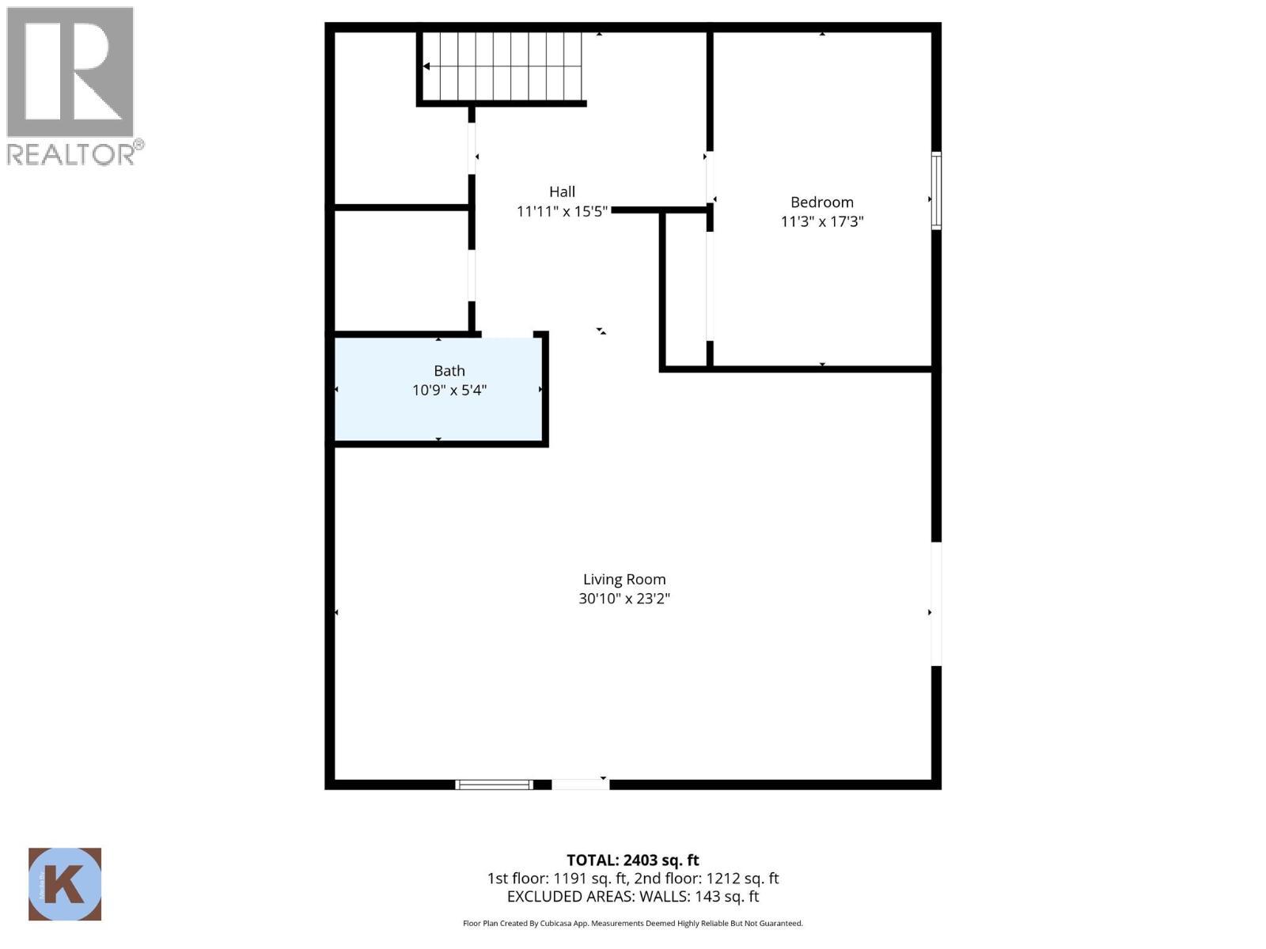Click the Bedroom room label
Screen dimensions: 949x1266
coord(821,202)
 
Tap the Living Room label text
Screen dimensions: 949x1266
coord(624,580)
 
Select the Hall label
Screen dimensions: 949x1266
coord(562,191)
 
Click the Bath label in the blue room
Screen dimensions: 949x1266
coord(449,371)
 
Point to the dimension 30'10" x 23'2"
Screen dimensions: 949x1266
coord(624,599)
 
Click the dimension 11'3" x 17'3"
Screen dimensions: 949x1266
coord(821,221)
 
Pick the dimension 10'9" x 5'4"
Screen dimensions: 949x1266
coord(449,390)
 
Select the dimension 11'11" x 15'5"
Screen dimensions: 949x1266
coord(562,211)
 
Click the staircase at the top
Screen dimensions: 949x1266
coord(502,67)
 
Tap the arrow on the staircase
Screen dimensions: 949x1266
coord(426,66)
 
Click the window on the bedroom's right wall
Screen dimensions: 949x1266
coord(936,191)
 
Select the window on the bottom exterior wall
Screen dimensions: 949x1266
coord(495,785)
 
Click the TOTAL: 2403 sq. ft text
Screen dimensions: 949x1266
coord(632,860)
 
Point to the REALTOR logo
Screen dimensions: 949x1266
coord(72,85)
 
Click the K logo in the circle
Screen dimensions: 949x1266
coord(65,884)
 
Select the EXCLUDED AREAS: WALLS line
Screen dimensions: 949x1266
coord(632,897)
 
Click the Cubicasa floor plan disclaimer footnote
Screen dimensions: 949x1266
coord(632,923)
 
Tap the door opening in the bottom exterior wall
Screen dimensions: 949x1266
coord(580,785)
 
